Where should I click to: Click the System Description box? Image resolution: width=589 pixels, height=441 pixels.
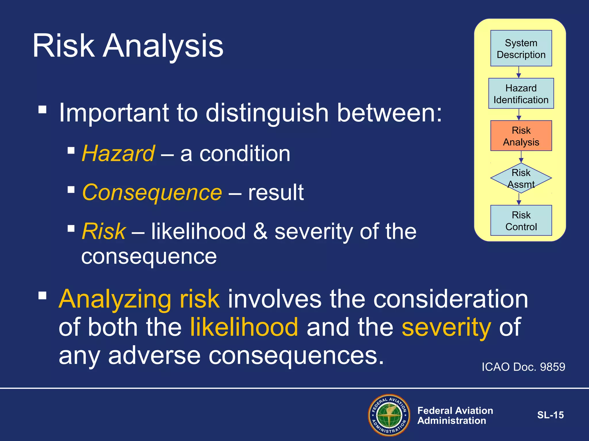pos(521,48)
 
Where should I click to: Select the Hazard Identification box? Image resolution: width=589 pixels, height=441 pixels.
pos(521,93)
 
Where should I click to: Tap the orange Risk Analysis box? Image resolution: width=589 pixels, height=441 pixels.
pos(521,136)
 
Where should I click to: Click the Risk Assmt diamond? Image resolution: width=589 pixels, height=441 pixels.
pos(521,178)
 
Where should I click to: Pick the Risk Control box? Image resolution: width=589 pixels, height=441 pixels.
pos(521,220)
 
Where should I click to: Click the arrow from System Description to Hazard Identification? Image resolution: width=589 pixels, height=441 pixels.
pos(519,72)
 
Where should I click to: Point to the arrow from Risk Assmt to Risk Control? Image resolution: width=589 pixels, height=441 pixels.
pos(519,199)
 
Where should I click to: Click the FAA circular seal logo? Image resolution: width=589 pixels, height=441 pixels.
pos(389,415)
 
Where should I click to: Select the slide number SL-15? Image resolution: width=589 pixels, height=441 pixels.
pos(550,415)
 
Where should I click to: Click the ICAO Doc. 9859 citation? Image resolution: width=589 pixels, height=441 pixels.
pos(523,367)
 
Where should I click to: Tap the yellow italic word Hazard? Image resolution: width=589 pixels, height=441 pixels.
pos(118,154)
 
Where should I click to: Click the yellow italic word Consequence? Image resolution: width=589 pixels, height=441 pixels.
pos(152,192)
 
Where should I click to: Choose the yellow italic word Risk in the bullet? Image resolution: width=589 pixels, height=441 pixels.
pos(104,231)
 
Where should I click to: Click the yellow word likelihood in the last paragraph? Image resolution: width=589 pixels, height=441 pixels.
pos(244,327)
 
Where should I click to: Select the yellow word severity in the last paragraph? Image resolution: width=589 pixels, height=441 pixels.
pos(446,327)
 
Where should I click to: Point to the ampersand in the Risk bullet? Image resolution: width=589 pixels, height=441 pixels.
pos(260,231)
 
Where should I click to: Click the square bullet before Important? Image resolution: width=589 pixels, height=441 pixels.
pos(42,110)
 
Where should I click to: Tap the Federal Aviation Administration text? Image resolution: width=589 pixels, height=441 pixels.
pos(455,415)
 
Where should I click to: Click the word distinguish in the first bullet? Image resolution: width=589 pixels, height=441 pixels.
pos(267,113)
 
